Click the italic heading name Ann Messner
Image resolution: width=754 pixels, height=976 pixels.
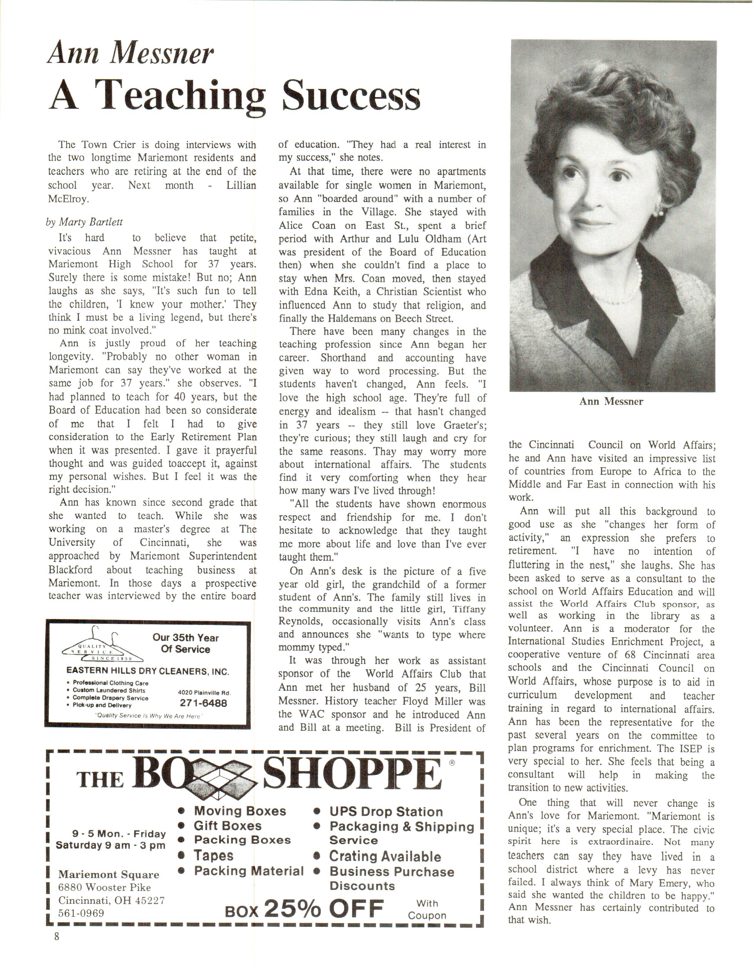pyautogui.click(x=130, y=54)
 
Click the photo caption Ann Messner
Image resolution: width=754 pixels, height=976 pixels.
pyautogui.click(x=611, y=401)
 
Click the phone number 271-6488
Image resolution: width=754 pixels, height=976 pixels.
pyautogui.click(x=203, y=703)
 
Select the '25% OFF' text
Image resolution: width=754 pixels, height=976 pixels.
pyautogui.click(x=324, y=908)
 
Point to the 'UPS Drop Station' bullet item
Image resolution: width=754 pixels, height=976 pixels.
pyautogui.click(x=386, y=812)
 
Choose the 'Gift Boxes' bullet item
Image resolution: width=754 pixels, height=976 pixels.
pyautogui.click(x=227, y=826)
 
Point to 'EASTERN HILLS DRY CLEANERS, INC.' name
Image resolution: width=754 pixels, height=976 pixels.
pyautogui.click(x=148, y=671)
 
